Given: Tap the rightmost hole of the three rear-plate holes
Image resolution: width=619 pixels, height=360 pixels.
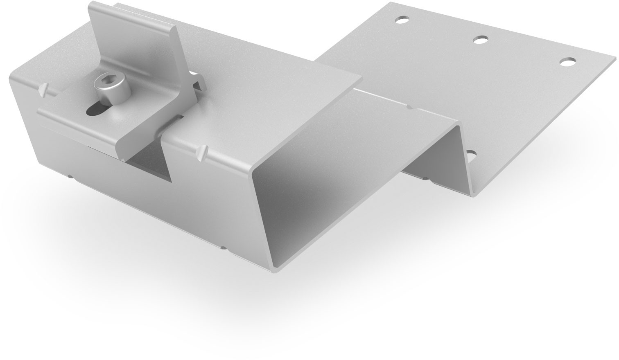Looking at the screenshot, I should [567, 62].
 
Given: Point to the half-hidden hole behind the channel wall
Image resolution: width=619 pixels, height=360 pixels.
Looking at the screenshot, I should [471, 155].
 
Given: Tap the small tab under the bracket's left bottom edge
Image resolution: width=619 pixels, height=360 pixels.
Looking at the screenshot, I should [70, 177].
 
